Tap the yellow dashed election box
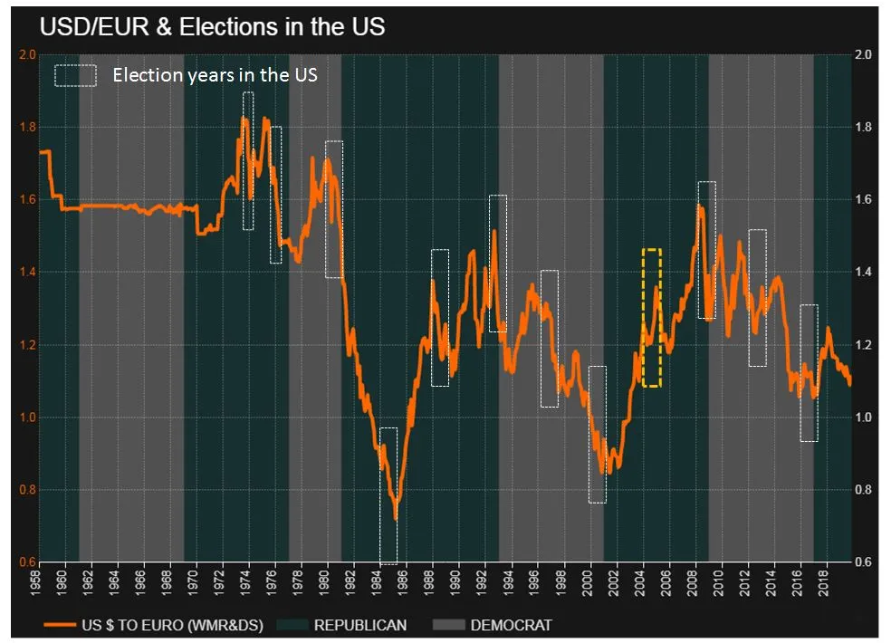[x=651, y=318]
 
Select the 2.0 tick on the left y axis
[x=26, y=54]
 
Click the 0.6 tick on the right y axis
[x=863, y=562]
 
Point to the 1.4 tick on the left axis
[x=26, y=272]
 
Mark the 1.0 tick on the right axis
[x=863, y=417]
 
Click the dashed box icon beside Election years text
[x=75, y=75]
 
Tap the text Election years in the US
[x=215, y=74]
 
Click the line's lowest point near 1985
[x=395, y=518]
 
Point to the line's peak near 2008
[x=700, y=207]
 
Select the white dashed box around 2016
[x=809, y=373]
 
